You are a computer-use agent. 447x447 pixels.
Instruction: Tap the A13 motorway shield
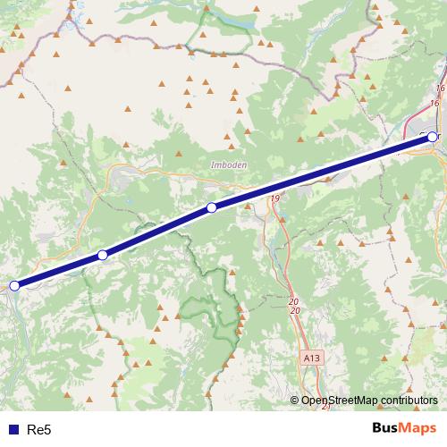[308, 357]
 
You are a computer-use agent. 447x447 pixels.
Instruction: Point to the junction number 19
[274, 198]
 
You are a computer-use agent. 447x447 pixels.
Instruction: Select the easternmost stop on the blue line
[433, 137]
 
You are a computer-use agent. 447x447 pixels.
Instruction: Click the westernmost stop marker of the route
[14, 286]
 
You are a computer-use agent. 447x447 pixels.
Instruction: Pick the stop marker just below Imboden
[212, 208]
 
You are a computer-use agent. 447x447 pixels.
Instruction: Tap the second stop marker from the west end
[103, 256]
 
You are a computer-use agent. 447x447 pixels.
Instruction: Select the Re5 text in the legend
[38, 430]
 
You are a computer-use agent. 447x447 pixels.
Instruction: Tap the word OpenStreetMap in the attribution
[336, 401]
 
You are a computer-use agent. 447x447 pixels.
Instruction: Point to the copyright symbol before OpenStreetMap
[295, 401]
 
